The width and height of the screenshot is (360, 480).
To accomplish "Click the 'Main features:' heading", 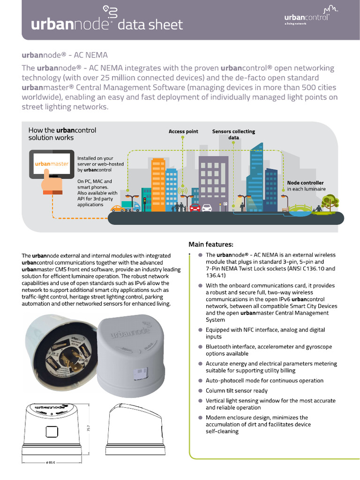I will click(210, 244).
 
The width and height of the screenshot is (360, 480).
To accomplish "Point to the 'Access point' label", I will click(183, 132).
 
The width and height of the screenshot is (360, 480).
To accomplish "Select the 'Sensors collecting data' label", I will click(233, 135).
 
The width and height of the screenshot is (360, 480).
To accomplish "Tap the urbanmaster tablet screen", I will click(52, 164).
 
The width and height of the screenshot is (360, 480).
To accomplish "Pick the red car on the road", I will click(195, 207).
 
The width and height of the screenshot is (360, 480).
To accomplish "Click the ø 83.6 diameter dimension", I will click(50, 462).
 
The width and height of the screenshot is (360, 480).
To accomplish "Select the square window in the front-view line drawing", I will click(50, 431).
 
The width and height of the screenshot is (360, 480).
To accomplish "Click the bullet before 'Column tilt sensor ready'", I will click(200, 390).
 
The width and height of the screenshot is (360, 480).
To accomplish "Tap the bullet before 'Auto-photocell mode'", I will click(200, 381).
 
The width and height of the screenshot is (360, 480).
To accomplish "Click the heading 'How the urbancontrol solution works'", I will click(62, 134).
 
